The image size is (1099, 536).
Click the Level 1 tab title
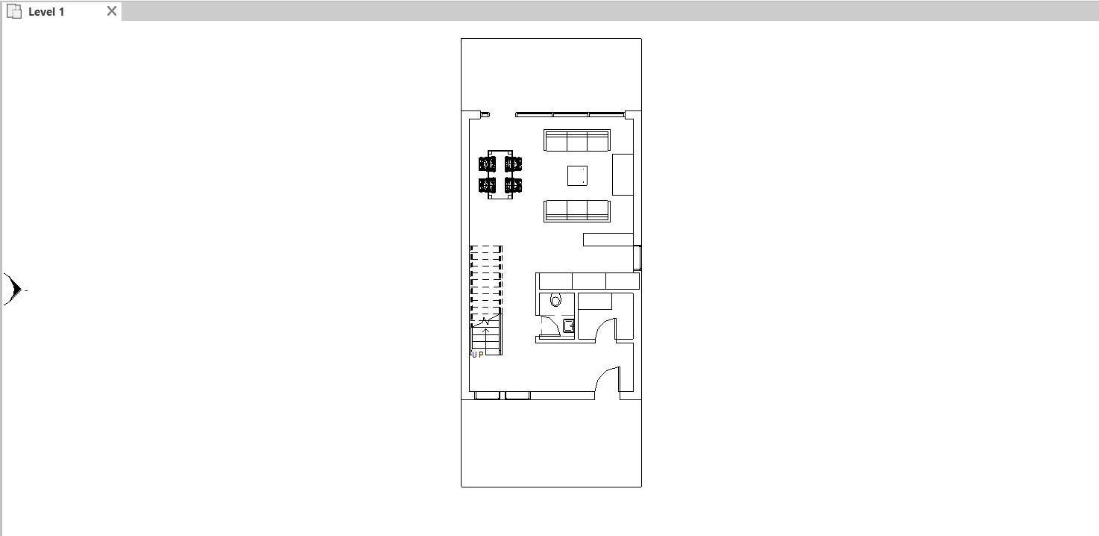(x=46, y=12)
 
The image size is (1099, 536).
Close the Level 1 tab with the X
(x=112, y=10)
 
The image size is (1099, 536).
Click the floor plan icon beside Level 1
(x=14, y=11)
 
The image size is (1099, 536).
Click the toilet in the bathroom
(x=555, y=299)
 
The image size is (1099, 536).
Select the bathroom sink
(x=569, y=325)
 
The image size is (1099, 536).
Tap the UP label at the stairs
(x=477, y=355)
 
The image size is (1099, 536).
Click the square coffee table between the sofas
(x=577, y=176)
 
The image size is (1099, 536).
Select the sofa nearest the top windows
(x=577, y=140)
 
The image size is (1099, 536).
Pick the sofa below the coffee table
(x=577, y=211)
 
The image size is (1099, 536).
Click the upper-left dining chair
(x=487, y=163)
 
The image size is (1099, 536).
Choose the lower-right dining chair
(x=513, y=185)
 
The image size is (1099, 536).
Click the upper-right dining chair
(x=513, y=163)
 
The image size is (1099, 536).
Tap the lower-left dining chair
(x=487, y=185)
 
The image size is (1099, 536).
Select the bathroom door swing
(x=550, y=326)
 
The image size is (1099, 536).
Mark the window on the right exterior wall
(x=637, y=258)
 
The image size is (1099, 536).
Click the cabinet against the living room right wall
(x=623, y=175)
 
